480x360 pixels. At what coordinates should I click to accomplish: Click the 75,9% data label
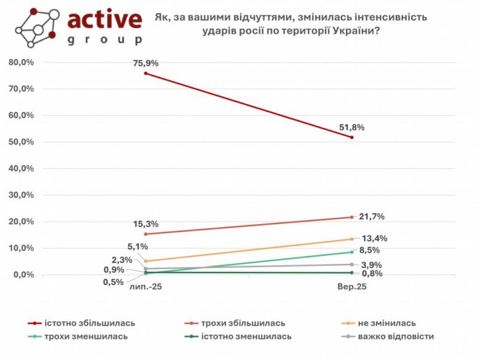point(146,63)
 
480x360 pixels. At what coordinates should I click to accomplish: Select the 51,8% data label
point(352,127)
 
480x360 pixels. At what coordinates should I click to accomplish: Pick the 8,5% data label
point(369,250)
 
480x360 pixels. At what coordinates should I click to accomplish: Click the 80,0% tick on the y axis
point(21,62)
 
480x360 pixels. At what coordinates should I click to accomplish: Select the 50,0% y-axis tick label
point(21,142)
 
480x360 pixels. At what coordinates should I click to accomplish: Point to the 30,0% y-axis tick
point(21,195)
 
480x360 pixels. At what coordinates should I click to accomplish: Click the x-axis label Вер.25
point(351,287)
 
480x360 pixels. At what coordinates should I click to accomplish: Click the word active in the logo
point(104,20)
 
